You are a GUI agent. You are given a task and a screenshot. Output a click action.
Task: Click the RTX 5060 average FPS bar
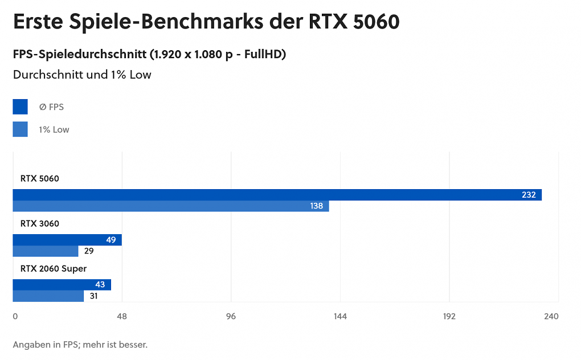(277, 195)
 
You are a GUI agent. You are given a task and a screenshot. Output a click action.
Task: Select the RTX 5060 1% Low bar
(171, 206)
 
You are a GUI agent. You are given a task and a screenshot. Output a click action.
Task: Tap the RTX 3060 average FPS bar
(67, 240)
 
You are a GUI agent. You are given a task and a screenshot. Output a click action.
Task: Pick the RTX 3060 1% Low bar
(45, 251)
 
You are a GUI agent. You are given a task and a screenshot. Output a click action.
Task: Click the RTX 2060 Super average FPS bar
(62, 285)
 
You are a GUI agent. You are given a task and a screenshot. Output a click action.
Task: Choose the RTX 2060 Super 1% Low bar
(48, 296)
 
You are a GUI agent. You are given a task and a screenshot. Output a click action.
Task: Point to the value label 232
(528, 195)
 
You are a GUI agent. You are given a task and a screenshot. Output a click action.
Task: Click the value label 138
(317, 206)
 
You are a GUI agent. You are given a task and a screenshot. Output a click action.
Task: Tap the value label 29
(88, 251)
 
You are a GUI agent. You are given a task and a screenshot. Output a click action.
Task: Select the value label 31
(93, 296)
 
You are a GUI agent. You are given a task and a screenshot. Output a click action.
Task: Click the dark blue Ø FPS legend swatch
(20, 107)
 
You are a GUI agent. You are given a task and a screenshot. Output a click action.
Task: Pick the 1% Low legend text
(54, 130)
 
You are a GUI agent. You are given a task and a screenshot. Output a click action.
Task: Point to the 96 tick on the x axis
(231, 317)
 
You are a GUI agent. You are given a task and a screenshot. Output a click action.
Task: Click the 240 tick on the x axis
(551, 317)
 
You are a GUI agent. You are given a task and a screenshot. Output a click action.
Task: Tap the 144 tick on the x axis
(340, 317)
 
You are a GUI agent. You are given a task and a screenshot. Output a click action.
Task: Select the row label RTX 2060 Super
(54, 268)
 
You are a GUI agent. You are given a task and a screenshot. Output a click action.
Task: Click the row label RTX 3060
(39, 223)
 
